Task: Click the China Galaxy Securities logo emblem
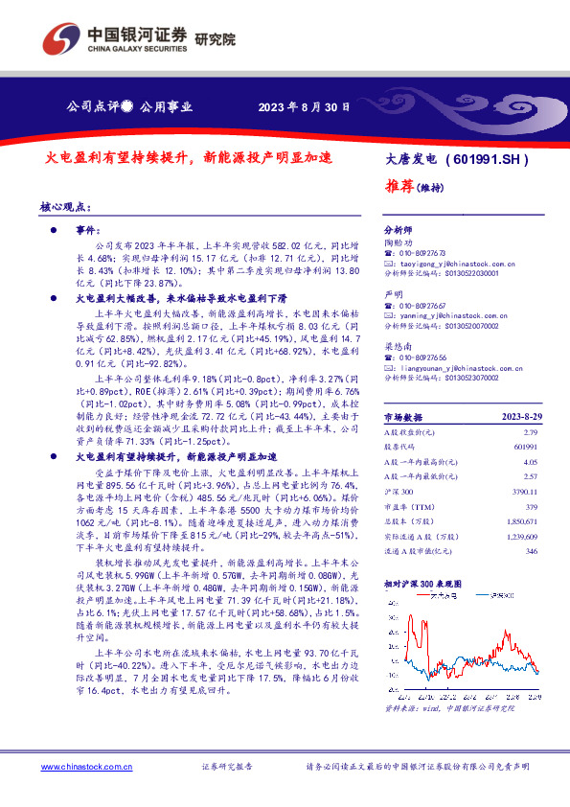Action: pos(60,39)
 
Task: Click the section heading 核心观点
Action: pos(65,206)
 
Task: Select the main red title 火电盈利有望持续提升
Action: pos(121,157)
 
